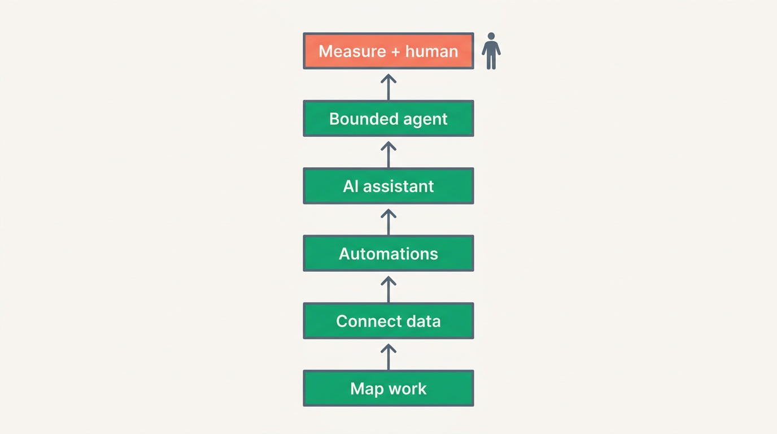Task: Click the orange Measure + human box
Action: point(388,51)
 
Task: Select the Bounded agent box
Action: point(388,119)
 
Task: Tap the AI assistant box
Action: point(388,186)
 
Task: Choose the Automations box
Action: point(388,254)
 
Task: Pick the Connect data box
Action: point(388,321)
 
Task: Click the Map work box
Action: point(388,388)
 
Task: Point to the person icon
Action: point(491,51)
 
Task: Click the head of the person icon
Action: point(491,36)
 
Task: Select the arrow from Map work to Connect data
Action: point(388,357)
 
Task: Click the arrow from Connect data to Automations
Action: point(388,289)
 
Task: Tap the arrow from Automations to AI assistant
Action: point(388,222)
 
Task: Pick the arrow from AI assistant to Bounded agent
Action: point(388,154)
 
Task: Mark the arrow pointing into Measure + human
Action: point(388,87)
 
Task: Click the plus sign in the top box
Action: point(395,52)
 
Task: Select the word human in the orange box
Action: point(432,51)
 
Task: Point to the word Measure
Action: point(352,51)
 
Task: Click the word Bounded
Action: point(364,119)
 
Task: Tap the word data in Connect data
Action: point(424,321)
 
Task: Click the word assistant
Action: point(398,186)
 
